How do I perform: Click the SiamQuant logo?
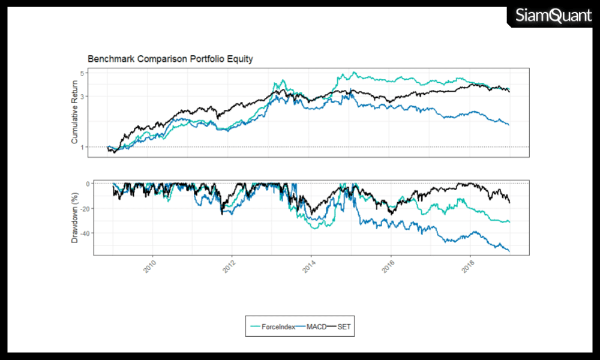[553, 16]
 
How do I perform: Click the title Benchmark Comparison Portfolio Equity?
[170, 59]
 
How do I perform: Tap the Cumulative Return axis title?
[75, 113]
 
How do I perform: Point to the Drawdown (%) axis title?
[75, 217]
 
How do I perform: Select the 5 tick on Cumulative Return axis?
[83, 73]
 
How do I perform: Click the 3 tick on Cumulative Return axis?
[83, 96]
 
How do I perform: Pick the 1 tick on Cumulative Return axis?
[83, 147]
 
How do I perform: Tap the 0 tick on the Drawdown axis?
[83, 184]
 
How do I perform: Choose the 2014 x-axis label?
[308, 266]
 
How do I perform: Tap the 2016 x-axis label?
[388, 266]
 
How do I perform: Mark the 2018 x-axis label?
[468, 266]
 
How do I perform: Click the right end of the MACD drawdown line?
[509, 251]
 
